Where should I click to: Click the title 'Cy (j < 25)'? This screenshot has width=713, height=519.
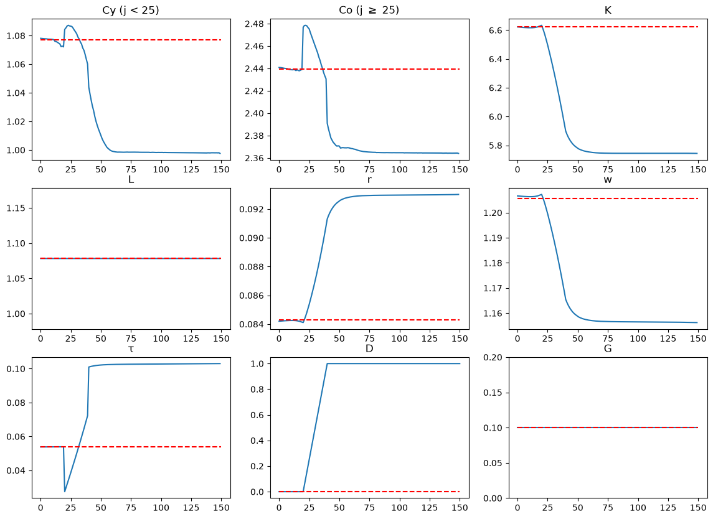[131, 10]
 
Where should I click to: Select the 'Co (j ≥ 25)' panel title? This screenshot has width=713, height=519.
[369, 10]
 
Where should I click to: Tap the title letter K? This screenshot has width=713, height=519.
[608, 10]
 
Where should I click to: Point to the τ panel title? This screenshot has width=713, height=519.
[131, 348]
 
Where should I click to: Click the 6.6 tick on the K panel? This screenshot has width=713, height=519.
[496, 30]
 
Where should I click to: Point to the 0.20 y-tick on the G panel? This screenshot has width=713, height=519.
[493, 358]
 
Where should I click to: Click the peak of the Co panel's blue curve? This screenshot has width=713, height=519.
[305, 26]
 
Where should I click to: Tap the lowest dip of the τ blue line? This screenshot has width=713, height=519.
[65, 491]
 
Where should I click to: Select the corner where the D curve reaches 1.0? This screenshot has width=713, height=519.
[327, 363]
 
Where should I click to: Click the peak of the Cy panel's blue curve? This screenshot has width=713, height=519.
[68, 26]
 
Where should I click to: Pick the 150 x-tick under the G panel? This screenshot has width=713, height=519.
[698, 508]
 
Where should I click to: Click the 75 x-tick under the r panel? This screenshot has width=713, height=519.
[369, 339]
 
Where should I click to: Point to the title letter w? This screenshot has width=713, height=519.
[608, 179]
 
